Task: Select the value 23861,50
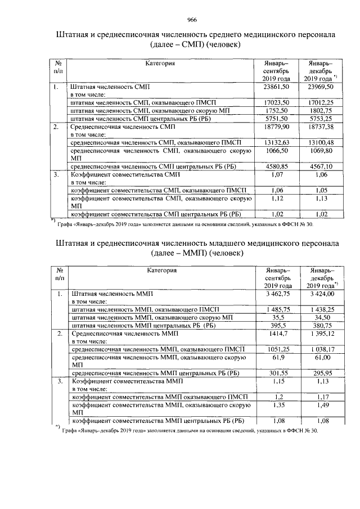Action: click(x=276, y=87)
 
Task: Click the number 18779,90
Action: click(x=276, y=127)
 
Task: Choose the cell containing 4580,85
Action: click(x=276, y=166)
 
